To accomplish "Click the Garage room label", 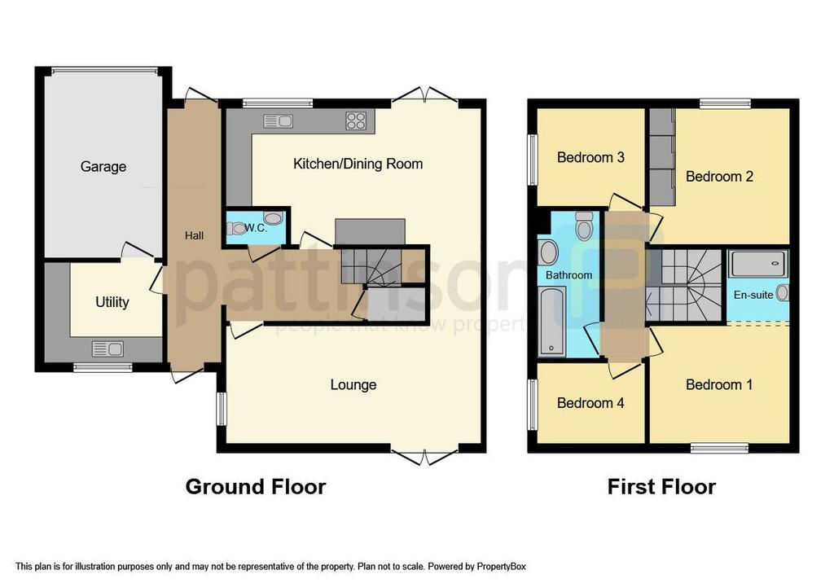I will pyautogui.click(x=103, y=167).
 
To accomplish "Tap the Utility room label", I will pyautogui.click(x=112, y=302).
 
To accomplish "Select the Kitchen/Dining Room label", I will pyautogui.click(x=358, y=164).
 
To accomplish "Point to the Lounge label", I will pyautogui.click(x=353, y=384).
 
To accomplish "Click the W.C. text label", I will pyautogui.click(x=256, y=228).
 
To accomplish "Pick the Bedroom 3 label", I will pyautogui.click(x=590, y=157).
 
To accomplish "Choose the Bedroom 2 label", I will pyautogui.click(x=719, y=176).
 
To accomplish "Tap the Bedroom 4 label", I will pyautogui.click(x=590, y=402).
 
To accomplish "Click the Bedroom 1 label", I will pyautogui.click(x=719, y=384).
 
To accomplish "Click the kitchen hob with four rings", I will pyautogui.click(x=356, y=121).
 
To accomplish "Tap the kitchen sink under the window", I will pyautogui.click(x=278, y=121).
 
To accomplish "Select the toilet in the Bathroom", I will pyautogui.click(x=583, y=226).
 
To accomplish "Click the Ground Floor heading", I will pyautogui.click(x=256, y=487).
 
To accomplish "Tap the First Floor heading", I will pyautogui.click(x=661, y=487).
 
